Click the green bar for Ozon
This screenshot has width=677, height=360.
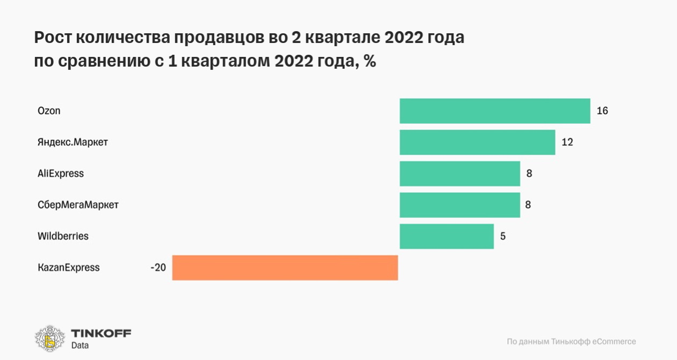[495, 111]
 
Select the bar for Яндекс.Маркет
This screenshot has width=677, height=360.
[477, 142]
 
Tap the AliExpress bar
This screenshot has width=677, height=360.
[460, 174]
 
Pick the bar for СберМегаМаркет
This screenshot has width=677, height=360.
[460, 205]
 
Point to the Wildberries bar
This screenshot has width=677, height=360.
[446, 236]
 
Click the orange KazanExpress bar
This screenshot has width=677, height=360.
[285, 268]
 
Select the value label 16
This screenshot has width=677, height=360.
[602, 111]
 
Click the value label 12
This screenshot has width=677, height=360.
[567, 142]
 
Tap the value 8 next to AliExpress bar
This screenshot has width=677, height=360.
[529, 174]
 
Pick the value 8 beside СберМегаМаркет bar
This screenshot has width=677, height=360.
[529, 205]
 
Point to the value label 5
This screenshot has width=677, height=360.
[503, 236]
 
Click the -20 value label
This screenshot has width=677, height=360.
[158, 268]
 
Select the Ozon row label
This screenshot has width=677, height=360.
[49, 111]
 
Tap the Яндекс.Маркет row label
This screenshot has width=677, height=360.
[73, 142]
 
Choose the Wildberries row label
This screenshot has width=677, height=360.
[63, 236]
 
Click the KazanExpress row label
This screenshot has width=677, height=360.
[69, 268]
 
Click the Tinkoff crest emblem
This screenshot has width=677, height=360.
[50, 339]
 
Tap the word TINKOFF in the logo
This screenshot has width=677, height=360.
[101, 333]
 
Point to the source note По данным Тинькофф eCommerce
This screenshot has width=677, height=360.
[571, 341]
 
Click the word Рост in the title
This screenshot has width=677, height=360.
[53, 38]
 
